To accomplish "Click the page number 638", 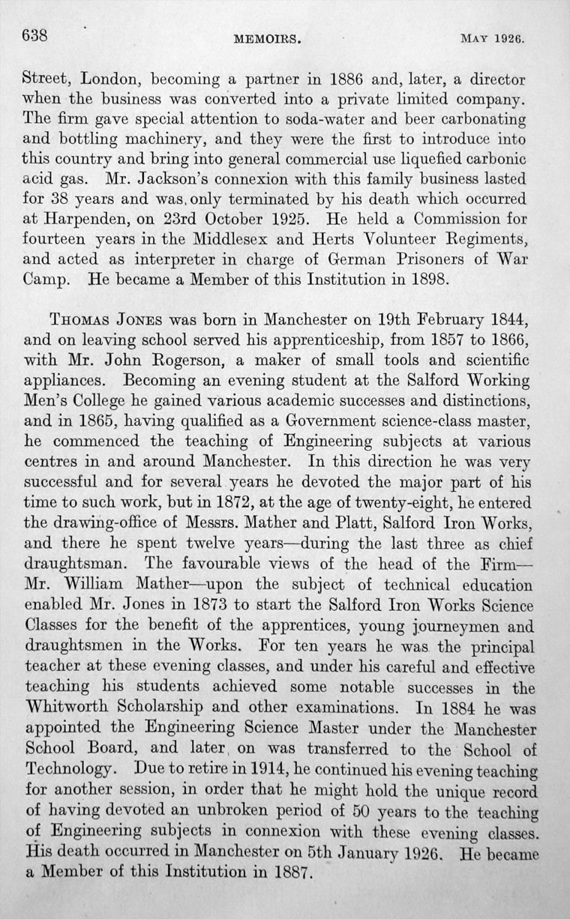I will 35,34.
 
